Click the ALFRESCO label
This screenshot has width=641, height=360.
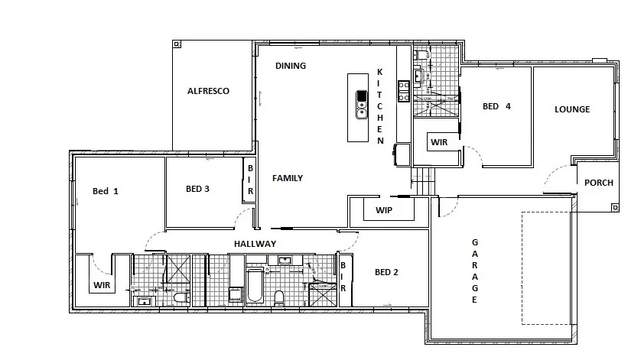(x=208, y=91)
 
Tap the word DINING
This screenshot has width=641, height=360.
(x=291, y=66)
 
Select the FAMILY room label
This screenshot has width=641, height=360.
(x=288, y=178)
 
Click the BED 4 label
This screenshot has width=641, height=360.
(x=496, y=106)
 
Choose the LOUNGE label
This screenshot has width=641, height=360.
(x=572, y=109)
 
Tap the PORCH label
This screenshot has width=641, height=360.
(x=598, y=183)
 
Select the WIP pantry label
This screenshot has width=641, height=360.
(x=385, y=209)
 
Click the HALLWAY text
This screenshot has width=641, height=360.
(x=254, y=244)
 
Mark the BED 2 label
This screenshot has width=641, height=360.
(x=386, y=272)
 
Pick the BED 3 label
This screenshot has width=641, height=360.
(x=197, y=189)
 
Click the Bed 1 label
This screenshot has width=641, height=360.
(x=106, y=191)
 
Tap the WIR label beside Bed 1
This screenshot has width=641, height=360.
(x=103, y=285)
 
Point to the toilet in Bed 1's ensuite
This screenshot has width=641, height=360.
(x=181, y=298)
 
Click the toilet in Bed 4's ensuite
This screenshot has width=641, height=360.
(x=421, y=56)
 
